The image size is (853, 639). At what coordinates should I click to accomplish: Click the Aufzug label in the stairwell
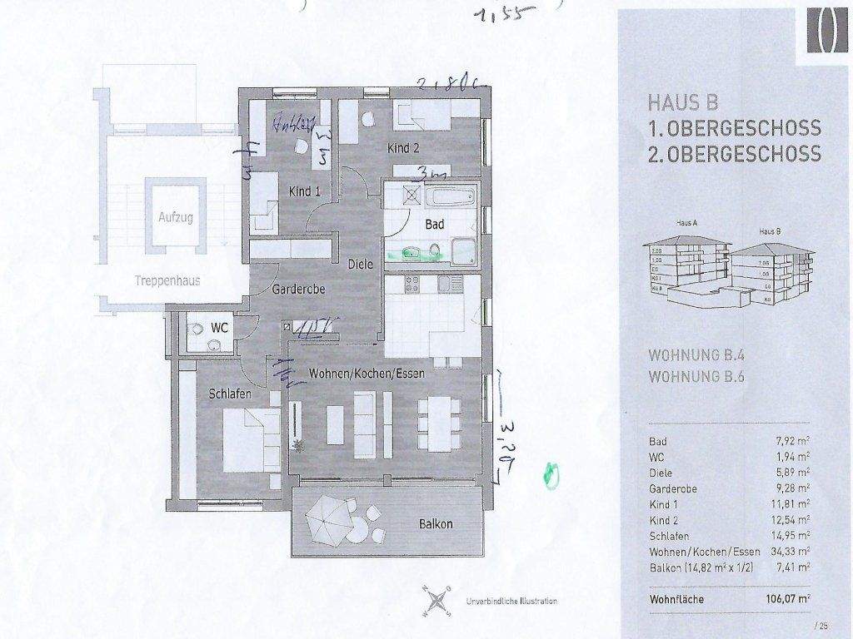[x=175, y=218]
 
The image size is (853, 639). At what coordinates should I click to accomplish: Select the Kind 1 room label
[x=305, y=191]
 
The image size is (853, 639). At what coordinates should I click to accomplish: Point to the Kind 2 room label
[x=403, y=149]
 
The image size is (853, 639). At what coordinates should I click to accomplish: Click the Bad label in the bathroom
[x=434, y=225]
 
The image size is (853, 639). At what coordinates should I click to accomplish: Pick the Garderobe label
[x=298, y=290]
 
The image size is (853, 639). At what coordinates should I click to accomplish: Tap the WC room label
[x=220, y=328]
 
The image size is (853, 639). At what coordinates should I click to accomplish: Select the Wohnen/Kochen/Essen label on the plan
[x=367, y=374]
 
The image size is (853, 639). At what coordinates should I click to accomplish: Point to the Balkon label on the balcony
[x=436, y=524]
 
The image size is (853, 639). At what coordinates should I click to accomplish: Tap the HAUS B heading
[x=682, y=103]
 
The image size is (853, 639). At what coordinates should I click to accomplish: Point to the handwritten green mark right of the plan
[x=550, y=473]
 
